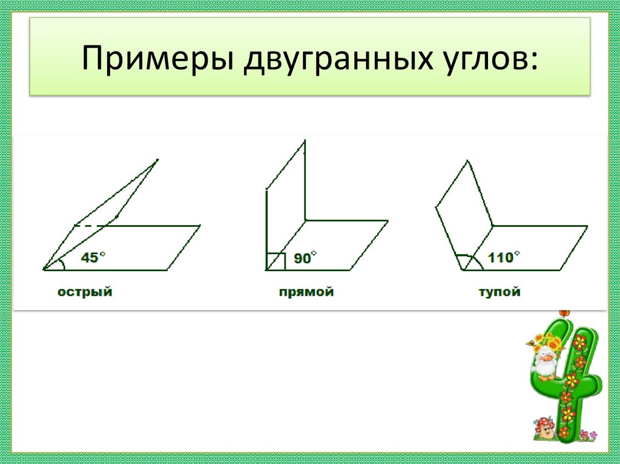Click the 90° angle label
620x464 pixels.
click(305, 258)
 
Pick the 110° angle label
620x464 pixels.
click(503, 257)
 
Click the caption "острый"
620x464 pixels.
click(85, 292)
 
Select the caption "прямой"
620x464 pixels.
click(306, 292)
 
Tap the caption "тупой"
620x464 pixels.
click(500, 292)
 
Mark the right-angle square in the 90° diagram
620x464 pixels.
click(275, 261)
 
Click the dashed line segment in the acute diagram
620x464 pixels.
click(88, 226)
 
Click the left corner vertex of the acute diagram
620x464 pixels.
click(44, 269)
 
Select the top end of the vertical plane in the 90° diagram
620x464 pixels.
click(305, 140)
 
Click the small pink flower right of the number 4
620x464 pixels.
click(593, 434)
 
